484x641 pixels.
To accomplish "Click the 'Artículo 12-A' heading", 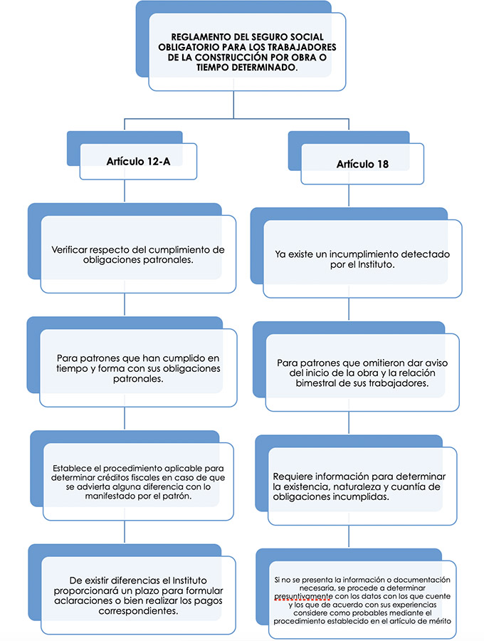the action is tap(139, 162).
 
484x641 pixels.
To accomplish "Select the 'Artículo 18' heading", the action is tap(362, 164).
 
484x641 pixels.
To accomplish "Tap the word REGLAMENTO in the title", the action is tap(196, 37).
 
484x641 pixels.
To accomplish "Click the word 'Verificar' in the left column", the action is tap(70, 250).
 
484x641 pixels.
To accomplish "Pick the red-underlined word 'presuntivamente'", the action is tap(303, 596).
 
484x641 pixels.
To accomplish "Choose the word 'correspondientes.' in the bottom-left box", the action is tap(139, 611).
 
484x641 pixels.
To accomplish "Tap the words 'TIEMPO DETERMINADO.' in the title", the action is tap(247, 68).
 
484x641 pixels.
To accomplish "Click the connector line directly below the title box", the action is tap(233, 105).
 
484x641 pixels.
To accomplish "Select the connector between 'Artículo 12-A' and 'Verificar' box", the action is tap(124, 191).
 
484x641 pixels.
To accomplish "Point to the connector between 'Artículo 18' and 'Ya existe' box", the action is tap(349, 195).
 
